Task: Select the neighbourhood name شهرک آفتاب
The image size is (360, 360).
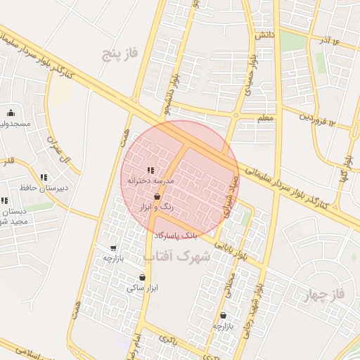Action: (176, 257)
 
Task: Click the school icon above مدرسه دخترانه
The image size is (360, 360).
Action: (150, 169)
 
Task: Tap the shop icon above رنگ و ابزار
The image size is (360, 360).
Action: (157, 197)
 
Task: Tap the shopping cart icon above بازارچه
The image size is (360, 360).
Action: (113, 248)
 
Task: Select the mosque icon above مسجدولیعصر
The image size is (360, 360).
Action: (11, 112)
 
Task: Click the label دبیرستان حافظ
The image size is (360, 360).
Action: (44, 188)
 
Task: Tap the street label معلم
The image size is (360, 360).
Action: (265, 119)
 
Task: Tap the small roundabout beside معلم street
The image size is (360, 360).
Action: (236, 115)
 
